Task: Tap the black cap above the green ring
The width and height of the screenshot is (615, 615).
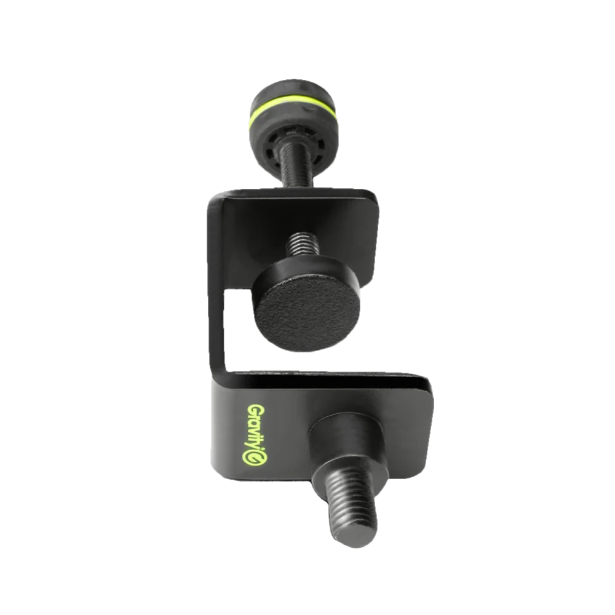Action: click(292, 93)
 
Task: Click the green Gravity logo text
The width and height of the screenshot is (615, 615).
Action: click(255, 435)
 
